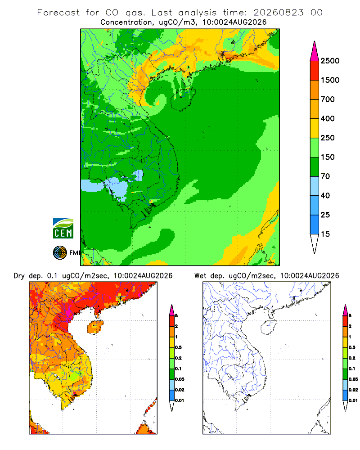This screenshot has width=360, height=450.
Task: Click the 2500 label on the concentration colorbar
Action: pyautogui.click(x=330, y=61)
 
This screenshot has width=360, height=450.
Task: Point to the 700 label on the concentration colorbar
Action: pyautogui.click(x=328, y=99)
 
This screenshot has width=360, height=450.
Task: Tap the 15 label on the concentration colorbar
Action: pyautogui.click(x=325, y=234)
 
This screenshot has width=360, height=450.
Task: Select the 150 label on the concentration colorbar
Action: pyautogui.click(x=328, y=157)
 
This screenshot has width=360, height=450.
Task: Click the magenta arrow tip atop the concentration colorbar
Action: pyautogui.click(x=315, y=51)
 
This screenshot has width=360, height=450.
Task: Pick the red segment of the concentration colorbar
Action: pyautogui.click(x=315, y=71)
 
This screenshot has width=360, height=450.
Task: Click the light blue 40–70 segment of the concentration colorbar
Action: pyautogui.click(x=315, y=186)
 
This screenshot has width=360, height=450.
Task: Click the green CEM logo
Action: pyautogui.click(x=63, y=229)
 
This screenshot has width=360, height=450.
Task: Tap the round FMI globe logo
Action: pyautogui.click(x=60, y=253)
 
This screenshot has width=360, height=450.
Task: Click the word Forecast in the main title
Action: pyautogui.click(x=58, y=13)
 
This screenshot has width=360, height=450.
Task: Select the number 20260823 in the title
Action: pyautogui.click(x=278, y=13)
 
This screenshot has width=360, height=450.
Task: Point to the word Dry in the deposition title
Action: pyautogui.click(x=19, y=276)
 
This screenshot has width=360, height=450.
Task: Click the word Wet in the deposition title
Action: pyautogui.click(x=200, y=276)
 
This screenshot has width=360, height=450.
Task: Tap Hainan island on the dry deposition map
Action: pyautogui.click(x=95, y=327)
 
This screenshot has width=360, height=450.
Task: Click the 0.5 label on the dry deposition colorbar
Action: pyautogui.click(x=178, y=347)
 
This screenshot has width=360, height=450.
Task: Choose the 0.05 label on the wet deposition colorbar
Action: pyautogui.click(x=353, y=379)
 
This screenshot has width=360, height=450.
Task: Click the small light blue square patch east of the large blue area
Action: pyautogui.click(x=139, y=175)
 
